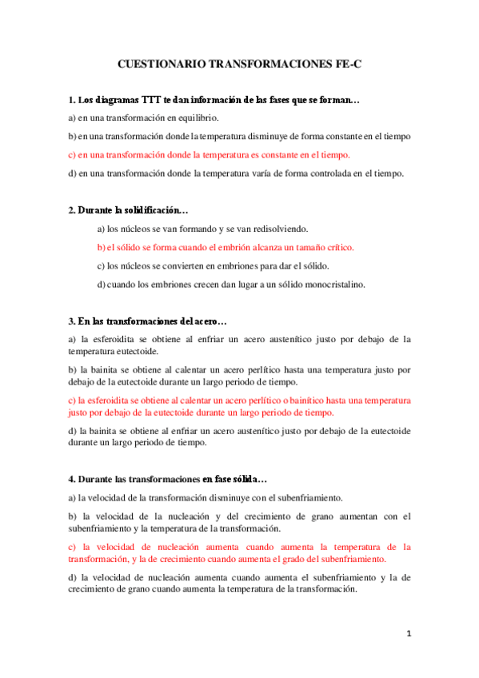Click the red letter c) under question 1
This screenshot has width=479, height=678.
[72, 154]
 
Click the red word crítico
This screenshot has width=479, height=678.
[337, 247]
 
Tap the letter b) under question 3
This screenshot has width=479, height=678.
[72, 369]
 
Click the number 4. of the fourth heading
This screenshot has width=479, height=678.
[72, 479]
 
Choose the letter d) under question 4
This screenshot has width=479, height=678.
[72, 577]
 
